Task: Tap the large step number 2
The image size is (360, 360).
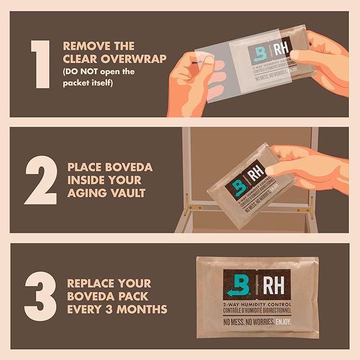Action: coord(40,180)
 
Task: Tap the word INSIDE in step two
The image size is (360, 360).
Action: coord(87,181)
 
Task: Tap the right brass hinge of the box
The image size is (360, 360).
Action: coord(311,201)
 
